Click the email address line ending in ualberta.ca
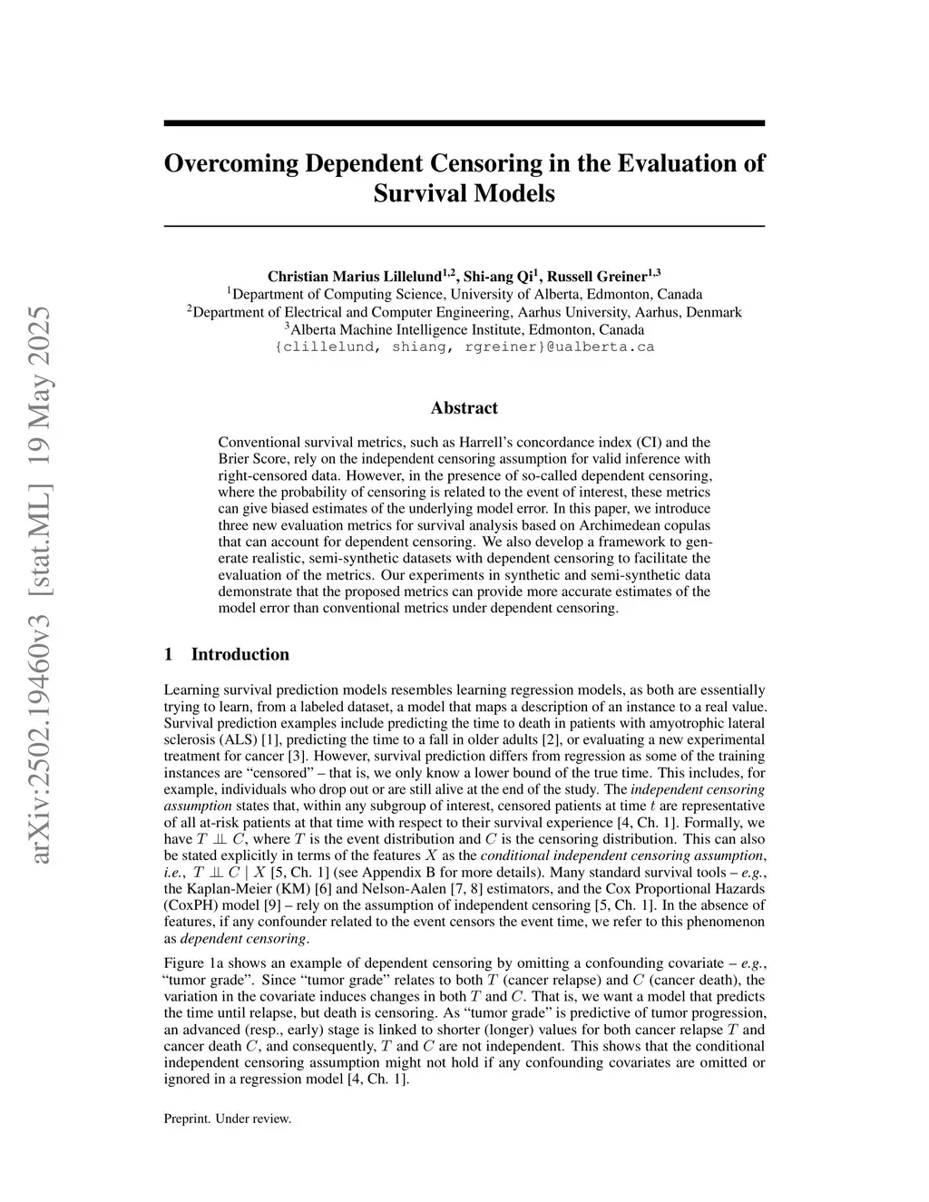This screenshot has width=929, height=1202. click(x=464, y=347)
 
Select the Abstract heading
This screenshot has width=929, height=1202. click(x=464, y=408)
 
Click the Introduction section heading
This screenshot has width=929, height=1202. click(x=240, y=654)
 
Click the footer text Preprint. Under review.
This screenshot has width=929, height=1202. click(x=227, y=1119)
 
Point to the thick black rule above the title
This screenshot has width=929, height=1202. click(x=464, y=122)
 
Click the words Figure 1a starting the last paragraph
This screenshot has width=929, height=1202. click(x=191, y=963)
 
